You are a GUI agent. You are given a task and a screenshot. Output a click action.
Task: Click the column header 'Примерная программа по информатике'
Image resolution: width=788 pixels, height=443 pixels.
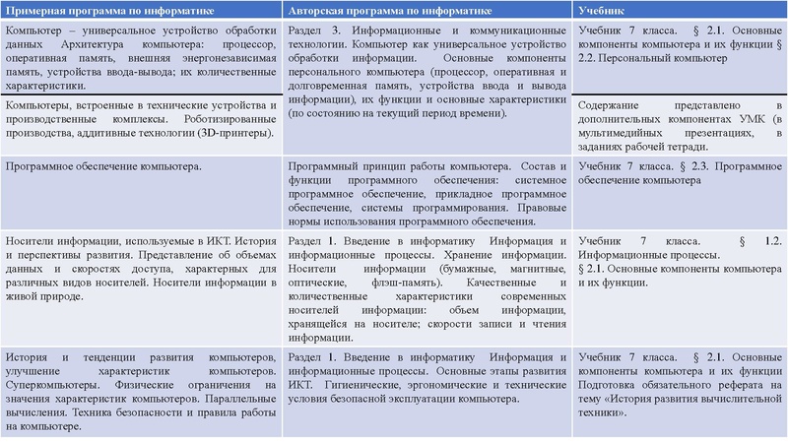(120, 11)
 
